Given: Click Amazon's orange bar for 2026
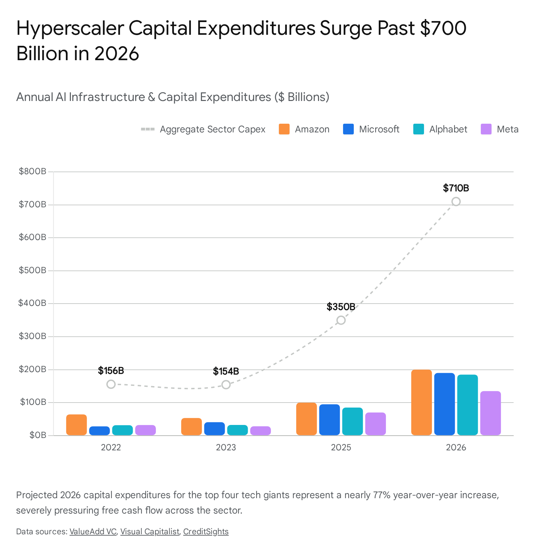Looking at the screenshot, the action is [421, 402].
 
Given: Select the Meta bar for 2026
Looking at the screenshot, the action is [491, 413].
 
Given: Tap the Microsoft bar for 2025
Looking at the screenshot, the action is [329, 420].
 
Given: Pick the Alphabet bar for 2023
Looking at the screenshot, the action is [237, 430].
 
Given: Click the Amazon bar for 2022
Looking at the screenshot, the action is [77, 425].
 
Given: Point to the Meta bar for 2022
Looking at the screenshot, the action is [145, 430].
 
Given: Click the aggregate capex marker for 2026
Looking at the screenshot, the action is [456, 201].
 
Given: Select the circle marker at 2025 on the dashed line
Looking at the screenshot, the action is [341, 320].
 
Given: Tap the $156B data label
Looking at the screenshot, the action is [111, 370].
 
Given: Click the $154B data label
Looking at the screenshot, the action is [226, 371].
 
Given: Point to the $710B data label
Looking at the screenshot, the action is [456, 188].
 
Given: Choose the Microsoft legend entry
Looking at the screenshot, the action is [371, 129].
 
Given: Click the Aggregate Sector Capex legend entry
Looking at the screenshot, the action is [203, 129].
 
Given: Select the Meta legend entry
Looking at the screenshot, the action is [500, 129].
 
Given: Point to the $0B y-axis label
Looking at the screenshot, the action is [38, 435].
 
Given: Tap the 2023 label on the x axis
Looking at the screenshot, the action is [226, 447].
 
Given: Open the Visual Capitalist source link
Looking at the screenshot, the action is [150, 531].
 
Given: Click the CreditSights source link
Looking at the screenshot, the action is [206, 531].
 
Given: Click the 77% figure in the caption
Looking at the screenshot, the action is [382, 495].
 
